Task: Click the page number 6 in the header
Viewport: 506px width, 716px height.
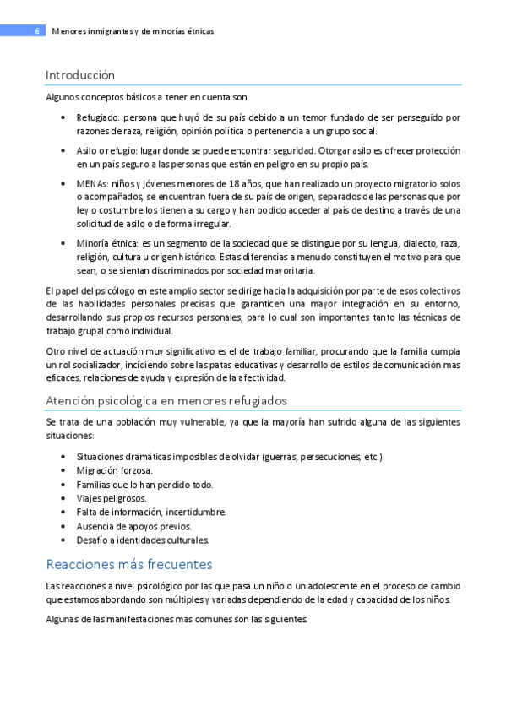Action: (37, 31)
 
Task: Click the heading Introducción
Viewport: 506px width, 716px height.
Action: (80, 75)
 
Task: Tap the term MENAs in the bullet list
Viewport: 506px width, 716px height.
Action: (91, 182)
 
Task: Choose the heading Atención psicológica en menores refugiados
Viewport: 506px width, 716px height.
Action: (166, 399)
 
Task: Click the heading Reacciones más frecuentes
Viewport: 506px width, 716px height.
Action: (128, 564)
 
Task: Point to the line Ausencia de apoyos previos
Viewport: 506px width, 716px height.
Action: (133, 526)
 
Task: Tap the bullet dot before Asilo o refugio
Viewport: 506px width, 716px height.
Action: (65, 150)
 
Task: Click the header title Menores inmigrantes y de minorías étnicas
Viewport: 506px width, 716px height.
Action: (133, 31)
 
